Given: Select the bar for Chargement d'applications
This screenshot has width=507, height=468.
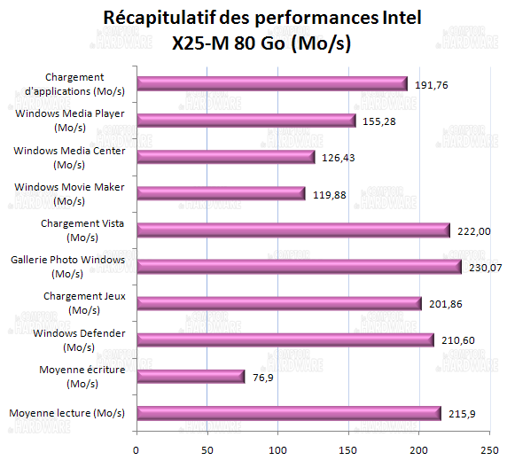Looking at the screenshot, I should pyautogui.click(x=271, y=83).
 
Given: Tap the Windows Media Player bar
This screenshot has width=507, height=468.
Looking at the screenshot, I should pyautogui.click(x=246, y=121).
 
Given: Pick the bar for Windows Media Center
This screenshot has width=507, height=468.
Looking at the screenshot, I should pyautogui.click(x=225, y=157).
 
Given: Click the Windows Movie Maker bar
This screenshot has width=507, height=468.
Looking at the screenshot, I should pyautogui.click(x=221, y=193).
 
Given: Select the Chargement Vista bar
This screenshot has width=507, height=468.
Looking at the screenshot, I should pyautogui.click(x=293, y=230).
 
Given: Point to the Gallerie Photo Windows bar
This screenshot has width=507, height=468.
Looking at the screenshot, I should pyautogui.click(x=299, y=267).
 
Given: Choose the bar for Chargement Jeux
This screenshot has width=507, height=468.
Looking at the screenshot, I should pyautogui.click(x=278, y=303).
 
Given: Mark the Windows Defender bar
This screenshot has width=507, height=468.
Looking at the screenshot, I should pyautogui.click(x=285, y=339).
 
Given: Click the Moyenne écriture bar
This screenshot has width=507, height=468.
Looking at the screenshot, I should pyautogui.click(x=190, y=377).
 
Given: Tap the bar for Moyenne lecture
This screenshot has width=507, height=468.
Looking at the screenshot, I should pyautogui.click(x=288, y=413).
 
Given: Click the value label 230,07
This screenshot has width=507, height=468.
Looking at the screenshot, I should pyautogui.click(x=485, y=267).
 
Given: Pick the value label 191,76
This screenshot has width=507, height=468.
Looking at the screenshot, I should pyautogui.click(x=430, y=84).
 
